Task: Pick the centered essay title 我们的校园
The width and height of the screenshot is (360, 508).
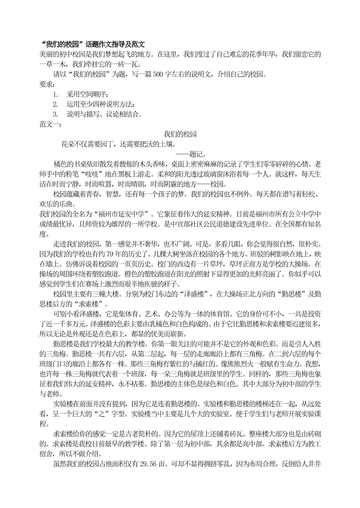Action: click(x=180, y=134)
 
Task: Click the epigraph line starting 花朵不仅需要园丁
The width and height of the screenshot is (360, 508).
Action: click(x=118, y=144)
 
